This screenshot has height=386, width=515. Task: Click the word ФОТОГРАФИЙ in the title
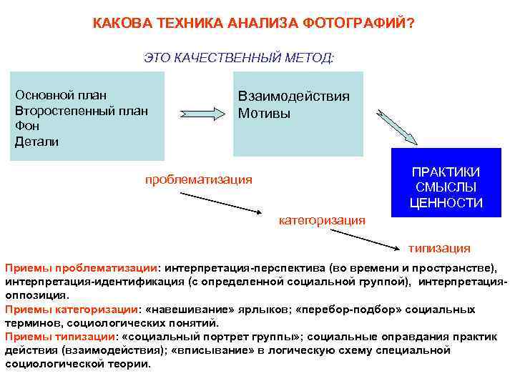[x=355, y=23]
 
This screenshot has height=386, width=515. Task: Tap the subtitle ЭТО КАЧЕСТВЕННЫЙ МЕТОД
[x=239, y=57]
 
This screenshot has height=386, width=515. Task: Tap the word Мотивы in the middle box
[x=264, y=114]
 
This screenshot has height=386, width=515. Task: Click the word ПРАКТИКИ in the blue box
[x=446, y=172]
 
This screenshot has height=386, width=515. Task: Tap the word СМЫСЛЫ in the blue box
[x=446, y=187]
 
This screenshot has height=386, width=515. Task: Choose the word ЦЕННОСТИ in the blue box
[x=446, y=203]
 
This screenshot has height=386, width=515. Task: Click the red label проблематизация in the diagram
[x=198, y=179]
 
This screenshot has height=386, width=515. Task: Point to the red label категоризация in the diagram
[x=321, y=219]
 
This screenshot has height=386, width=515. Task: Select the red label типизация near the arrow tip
[x=439, y=248]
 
